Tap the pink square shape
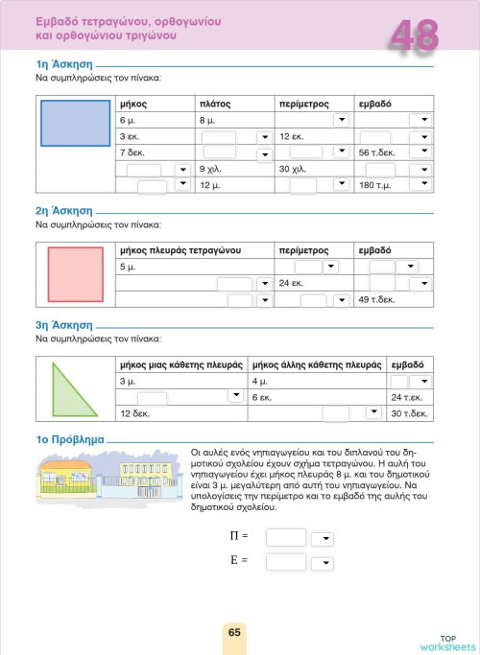[x=75, y=272]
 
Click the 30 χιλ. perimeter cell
[x=295, y=169]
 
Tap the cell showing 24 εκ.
[x=292, y=284]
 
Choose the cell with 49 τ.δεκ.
[x=377, y=300]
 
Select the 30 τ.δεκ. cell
[x=409, y=413]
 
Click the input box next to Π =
[x=285, y=537]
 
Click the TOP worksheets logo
[x=445, y=643]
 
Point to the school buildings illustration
[x=106, y=477]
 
